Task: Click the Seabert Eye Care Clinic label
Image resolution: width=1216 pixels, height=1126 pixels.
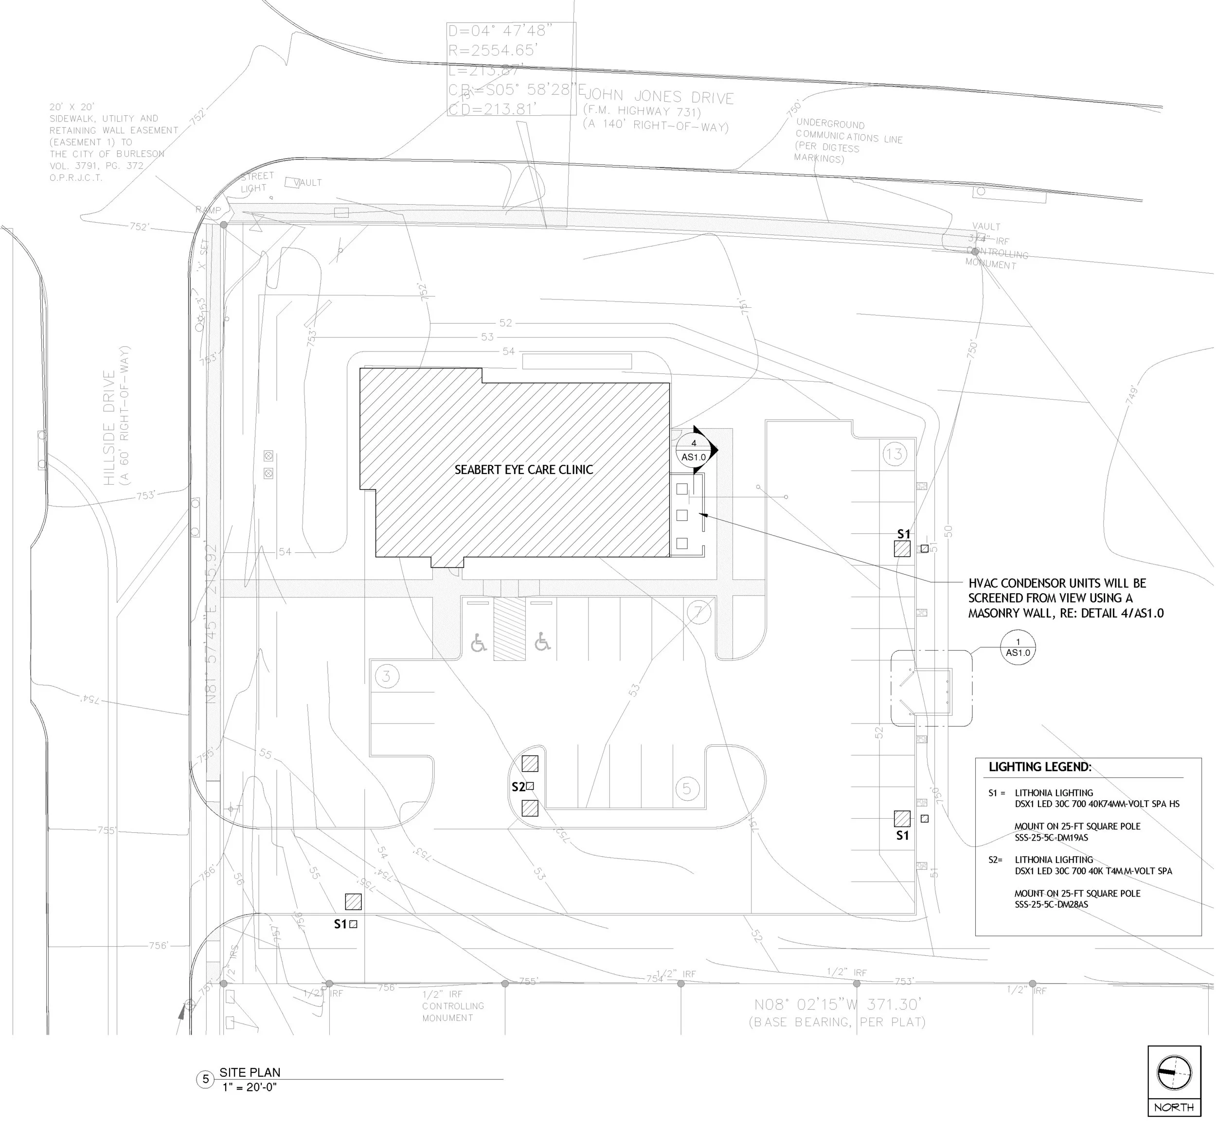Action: click(x=523, y=470)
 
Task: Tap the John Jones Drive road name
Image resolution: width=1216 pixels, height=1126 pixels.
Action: click(x=659, y=97)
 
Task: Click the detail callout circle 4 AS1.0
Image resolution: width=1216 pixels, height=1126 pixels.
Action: click(x=694, y=451)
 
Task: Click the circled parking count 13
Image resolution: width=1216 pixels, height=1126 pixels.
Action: click(x=894, y=454)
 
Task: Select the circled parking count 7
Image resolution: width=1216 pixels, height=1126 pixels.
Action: click(x=699, y=612)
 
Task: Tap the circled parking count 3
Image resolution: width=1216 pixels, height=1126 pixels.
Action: click(x=386, y=676)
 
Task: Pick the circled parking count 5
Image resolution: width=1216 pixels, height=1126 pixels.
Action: click(x=687, y=789)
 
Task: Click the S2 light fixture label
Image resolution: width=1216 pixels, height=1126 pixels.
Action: click(x=518, y=787)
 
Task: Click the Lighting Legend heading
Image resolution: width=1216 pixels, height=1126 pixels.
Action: click(x=1040, y=767)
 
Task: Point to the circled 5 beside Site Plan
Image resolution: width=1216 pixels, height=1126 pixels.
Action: click(x=205, y=1079)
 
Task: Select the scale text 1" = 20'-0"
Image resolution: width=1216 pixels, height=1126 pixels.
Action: click(x=250, y=1088)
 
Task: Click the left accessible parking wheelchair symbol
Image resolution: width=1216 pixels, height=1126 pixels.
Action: click(x=479, y=643)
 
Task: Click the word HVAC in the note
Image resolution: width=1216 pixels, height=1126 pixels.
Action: click(x=983, y=583)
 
